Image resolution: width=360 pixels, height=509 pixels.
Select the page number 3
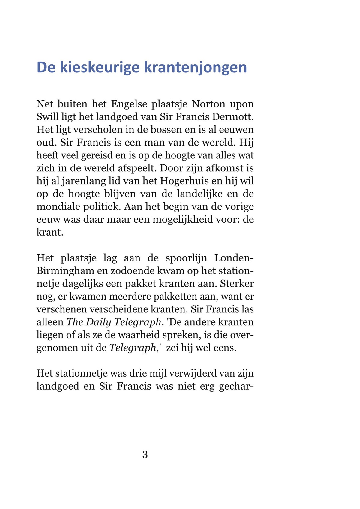point(145,455)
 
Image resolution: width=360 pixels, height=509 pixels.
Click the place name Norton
point(208,104)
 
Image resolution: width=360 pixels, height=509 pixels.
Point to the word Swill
point(47,116)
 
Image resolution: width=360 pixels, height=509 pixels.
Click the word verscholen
point(104,130)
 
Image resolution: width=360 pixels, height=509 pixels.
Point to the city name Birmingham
point(65,271)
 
